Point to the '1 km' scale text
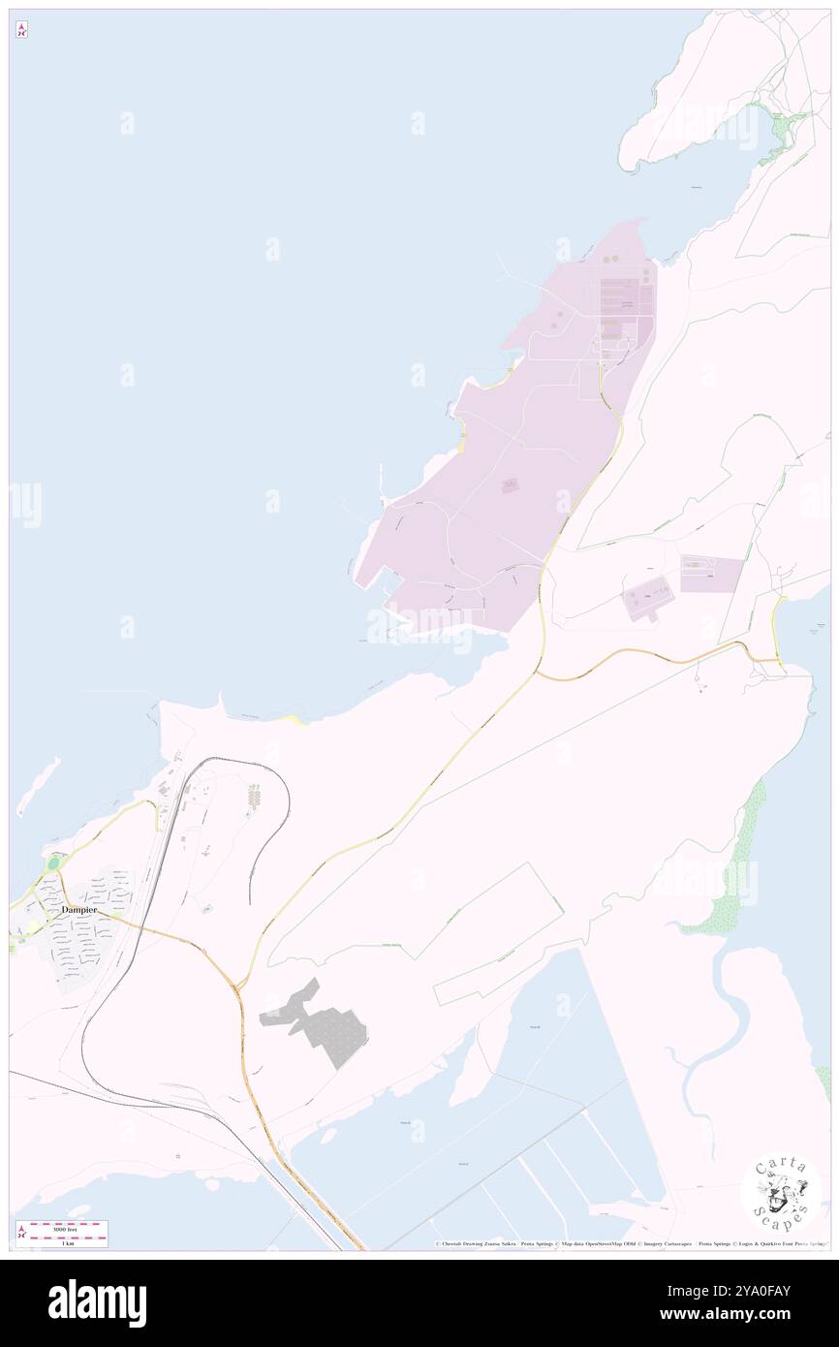pos(67,1243)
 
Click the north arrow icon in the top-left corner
pos(21,30)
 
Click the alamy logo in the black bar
pos(97,1302)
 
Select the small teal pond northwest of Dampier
pos(53,862)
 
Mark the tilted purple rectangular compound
pos(648,598)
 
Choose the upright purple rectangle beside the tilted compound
pos(711,574)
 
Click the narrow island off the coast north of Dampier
pos(37,785)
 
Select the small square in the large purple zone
pos(510,486)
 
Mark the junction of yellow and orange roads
pos(238,986)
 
